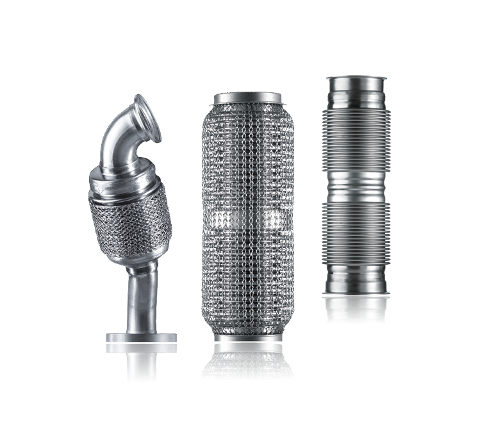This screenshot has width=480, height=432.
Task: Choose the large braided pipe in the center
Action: click(247, 218)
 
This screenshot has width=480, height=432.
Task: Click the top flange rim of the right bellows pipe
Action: click(356, 79)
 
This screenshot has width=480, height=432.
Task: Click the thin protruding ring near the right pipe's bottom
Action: click(356, 294)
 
